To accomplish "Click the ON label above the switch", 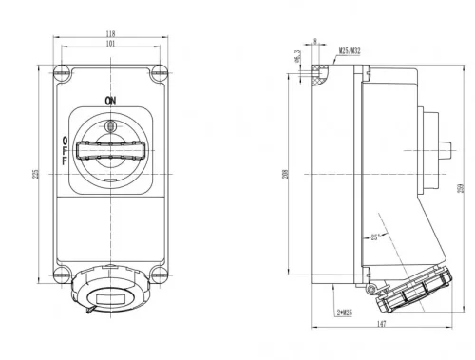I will tap(110, 98).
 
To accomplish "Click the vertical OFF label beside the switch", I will tap(65, 150).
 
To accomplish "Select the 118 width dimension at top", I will tap(111, 33).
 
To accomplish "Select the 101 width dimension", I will tap(111, 44).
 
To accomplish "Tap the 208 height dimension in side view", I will tap(284, 175).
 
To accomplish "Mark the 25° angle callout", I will tap(377, 237).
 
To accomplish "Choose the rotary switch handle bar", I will tap(111, 149).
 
